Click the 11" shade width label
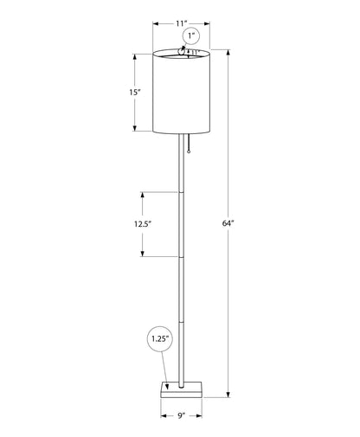point(182,23)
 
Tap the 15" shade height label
point(135,93)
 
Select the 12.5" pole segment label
point(143,224)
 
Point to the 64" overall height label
point(228,223)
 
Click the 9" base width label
point(181,415)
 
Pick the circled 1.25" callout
point(160,338)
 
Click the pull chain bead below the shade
point(189,151)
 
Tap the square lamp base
point(182,389)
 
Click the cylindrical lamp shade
point(181,92)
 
